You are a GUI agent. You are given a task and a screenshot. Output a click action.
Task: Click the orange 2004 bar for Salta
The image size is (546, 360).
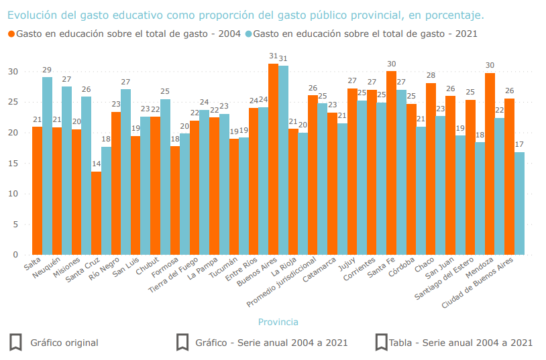(x=37, y=191)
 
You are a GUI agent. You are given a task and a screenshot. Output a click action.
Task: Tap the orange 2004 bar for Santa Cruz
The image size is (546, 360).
(x=96, y=213)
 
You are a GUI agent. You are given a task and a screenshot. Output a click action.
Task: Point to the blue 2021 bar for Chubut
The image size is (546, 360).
(x=165, y=177)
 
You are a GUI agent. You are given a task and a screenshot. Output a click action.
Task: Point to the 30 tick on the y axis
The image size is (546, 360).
(x=13, y=72)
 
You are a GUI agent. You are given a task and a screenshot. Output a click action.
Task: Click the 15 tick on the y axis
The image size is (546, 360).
(x=13, y=164)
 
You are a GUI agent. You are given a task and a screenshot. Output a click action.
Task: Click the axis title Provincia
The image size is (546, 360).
(x=278, y=322)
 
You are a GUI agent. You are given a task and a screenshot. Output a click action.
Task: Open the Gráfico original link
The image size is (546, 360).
(x=64, y=343)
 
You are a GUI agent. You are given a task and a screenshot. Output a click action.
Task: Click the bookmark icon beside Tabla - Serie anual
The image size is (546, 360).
(x=382, y=343)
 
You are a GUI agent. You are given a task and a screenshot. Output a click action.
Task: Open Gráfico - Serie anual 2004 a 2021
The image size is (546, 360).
(x=271, y=343)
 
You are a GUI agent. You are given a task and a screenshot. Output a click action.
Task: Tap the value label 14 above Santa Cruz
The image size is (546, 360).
(x=96, y=164)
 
